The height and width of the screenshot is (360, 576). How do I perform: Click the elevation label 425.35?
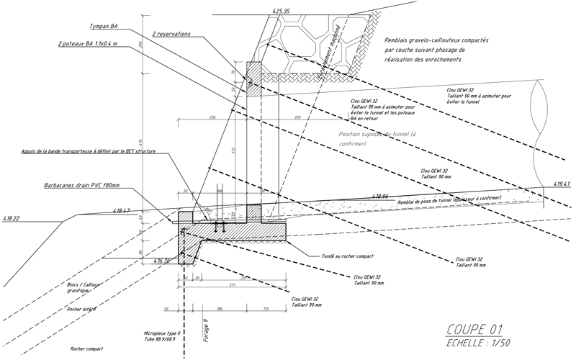pos(282,12)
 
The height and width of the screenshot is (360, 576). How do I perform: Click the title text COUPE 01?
pos(474,329)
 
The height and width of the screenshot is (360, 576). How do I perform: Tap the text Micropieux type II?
pos(165,334)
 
